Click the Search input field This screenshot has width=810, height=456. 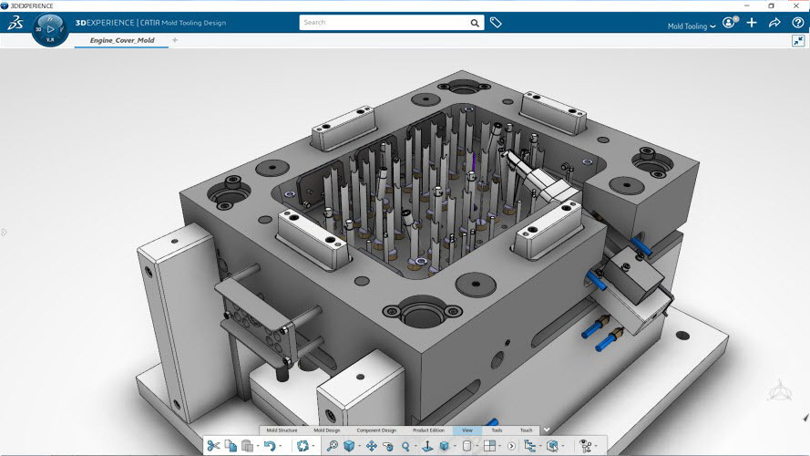383,22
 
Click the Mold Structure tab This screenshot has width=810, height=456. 282,430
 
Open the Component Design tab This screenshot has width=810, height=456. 375,430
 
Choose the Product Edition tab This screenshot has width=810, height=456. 428,430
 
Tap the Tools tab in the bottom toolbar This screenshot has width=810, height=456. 497,430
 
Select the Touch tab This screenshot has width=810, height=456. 526,430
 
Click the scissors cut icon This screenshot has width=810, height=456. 213,446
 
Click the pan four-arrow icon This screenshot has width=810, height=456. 372,446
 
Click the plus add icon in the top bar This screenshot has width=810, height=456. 752,23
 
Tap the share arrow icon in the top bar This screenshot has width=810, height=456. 774,23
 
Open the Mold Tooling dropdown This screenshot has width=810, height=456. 692,26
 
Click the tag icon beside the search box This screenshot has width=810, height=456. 496,22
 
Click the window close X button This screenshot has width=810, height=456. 797,5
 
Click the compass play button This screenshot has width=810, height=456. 50,29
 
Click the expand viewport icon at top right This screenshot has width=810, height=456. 798,41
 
